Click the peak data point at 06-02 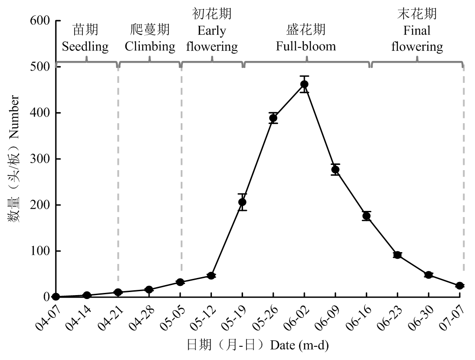(x=304, y=84)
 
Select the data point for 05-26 (x=273, y=118)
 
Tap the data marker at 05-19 (x=242, y=202)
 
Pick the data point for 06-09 (x=336, y=170)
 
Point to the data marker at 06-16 (x=367, y=216)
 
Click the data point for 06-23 (x=398, y=255)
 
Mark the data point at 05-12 (x=211, y=276)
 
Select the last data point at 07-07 (x=460, y=286)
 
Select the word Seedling (x=85, y=46)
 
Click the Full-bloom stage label (x=306, y=46)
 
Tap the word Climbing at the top (x=150, y=46)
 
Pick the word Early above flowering (x=212, y=31)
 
